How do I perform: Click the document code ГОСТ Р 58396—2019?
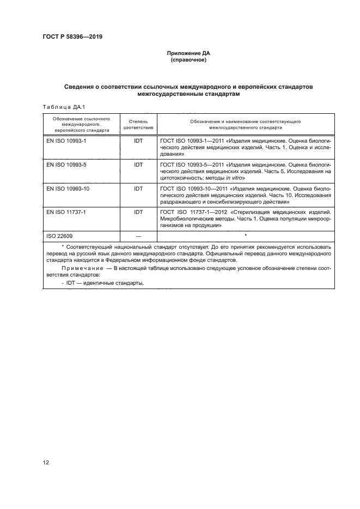pyautogui.click(x=72, y=37)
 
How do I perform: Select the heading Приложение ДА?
pyautogui.click(x=187, y=53)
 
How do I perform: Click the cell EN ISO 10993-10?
pyautogui.click(x=65, y=188)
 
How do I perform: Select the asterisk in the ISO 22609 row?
pyautogui.click(x=246, y=235)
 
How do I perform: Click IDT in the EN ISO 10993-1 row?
pyautogui.click(x=138, y=140)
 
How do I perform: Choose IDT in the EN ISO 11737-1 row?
pyautogui.click(x=138, y=211)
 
